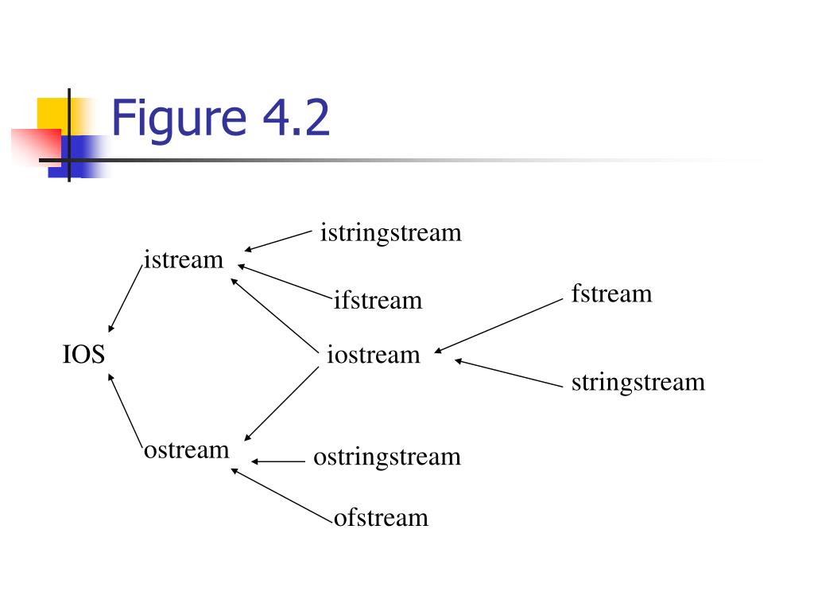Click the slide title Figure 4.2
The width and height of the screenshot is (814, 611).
coord(220,118)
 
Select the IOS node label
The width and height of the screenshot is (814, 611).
coord(83,354)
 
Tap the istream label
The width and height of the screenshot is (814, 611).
coord(184,260)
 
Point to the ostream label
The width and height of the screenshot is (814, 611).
coord(186,450)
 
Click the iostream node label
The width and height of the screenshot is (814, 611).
coord(373,354)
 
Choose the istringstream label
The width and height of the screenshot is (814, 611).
coord(390,233)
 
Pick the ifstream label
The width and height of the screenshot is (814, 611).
coord(378,301)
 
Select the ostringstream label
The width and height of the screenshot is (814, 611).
coord(387,457)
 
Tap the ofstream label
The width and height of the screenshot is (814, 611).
coord(381,518)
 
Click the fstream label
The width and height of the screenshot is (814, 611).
coord(611,294)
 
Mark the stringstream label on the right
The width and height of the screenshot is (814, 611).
coord(638,382)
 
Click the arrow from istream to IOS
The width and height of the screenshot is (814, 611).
coord(126,299)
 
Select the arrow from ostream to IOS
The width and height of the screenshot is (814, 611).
coord(126,411)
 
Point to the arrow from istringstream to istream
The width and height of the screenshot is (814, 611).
coord(278,241)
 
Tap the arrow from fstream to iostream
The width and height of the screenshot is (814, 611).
coord(499,325)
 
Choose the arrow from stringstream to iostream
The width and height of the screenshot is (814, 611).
coord(509,374)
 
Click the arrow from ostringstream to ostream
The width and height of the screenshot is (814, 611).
coord(278,461)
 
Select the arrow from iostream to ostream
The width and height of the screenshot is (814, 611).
coord(281,405)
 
